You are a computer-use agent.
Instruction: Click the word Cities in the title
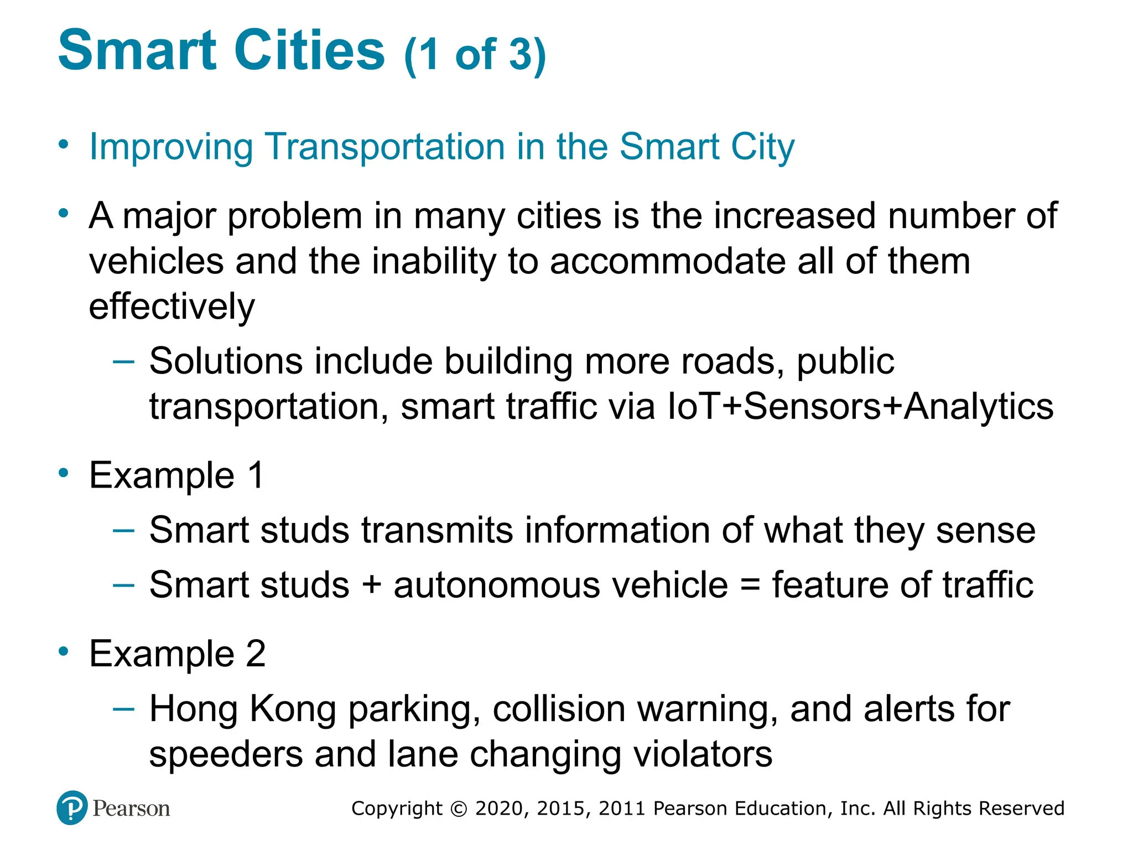click(x=309, y=51)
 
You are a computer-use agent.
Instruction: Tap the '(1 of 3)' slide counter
click(x=475, y=55)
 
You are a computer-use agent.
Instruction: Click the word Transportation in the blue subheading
click(x=385, y=147)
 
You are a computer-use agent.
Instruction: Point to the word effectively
click(x=171, y=307)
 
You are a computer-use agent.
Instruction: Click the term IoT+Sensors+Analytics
click(x=860, y=407)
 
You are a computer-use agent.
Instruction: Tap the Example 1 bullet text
click(x=176, y=475)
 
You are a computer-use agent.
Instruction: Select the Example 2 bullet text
click(x=177, y=654)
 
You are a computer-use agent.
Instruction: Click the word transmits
click(x=437, y=530)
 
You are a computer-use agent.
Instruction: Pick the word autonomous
click(x=496, y=585)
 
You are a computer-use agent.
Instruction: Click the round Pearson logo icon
click(x=72, y=808)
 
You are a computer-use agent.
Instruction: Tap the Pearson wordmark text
click(x=131, y=808)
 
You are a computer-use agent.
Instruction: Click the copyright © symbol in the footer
click(x=459, y=808)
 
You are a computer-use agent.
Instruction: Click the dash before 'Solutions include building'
click(x=123, y=362)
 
